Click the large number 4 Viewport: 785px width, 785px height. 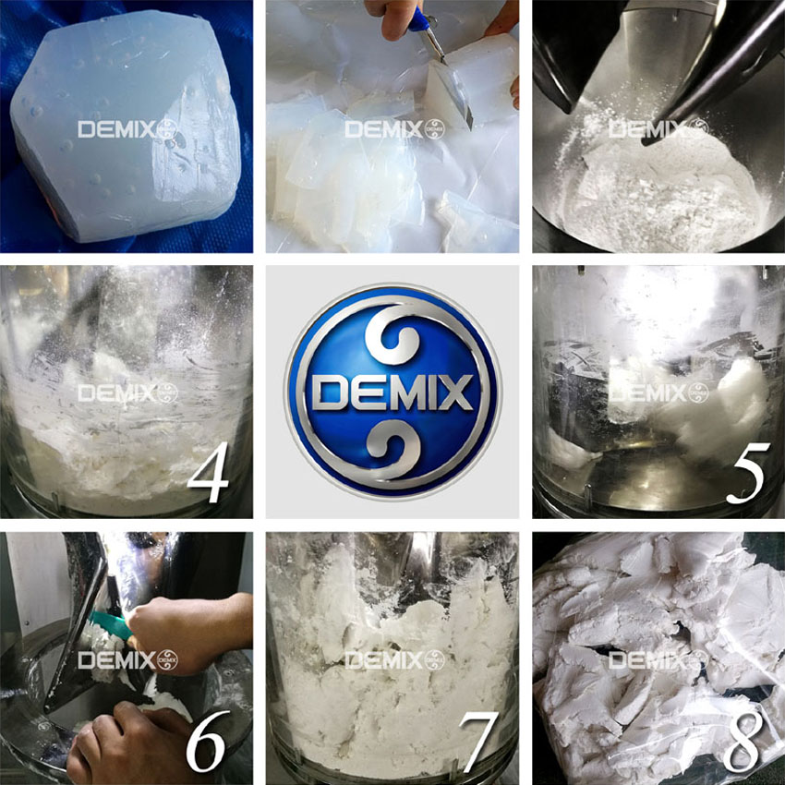point(210,473)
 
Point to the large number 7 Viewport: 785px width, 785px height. point(478,741)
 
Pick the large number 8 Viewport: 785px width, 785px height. point(743,741)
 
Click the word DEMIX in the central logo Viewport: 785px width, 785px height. point(392,392)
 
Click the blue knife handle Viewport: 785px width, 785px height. point(419,20)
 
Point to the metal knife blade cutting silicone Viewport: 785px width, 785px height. point(453,85)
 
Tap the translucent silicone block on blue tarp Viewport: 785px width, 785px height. point(126,126)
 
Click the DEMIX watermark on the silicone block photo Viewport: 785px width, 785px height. point(127,129)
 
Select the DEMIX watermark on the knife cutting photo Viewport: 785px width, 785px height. point(394,129)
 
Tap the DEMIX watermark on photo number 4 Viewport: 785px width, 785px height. point(127,393)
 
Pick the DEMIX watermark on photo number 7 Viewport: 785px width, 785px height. point(394,660)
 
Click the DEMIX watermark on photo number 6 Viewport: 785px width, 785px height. point(127,660)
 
